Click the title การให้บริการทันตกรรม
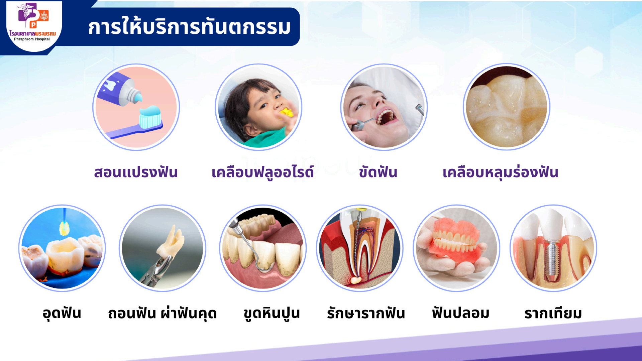click(x=189, y=27)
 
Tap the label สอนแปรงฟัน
click(x=136, y=172)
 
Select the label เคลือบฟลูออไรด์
click(x=262, y=172)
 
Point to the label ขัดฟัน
click(x=378, y=172)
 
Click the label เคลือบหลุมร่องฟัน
click(x=501, y=172)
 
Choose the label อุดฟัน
click(x=62, y=314)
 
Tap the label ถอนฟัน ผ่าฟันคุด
click(x=162, y=314)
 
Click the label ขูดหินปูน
click(x=272, y=314)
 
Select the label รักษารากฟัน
click(x=366, y=314)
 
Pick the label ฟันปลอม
click(x=460, y=313)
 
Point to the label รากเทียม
click(x=553, y=314)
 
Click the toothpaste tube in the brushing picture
click(x=119, y=90)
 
